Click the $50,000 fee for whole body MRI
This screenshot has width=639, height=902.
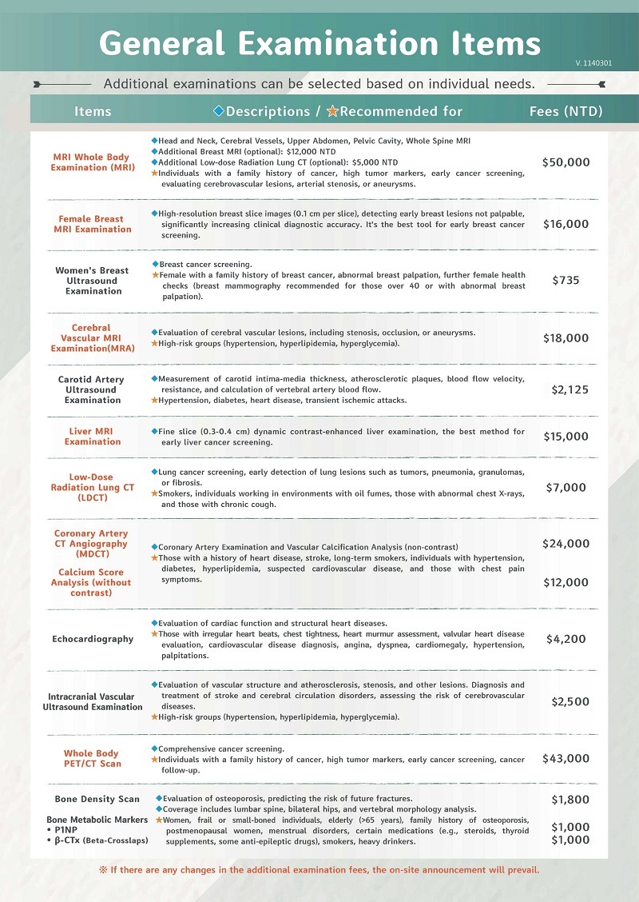point(566,162)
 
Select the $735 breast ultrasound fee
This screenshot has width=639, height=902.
point(566,281)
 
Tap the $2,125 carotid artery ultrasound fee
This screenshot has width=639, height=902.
point(570,389)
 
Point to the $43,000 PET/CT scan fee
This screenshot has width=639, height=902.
point(566,758)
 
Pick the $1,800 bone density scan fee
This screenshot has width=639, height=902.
point(570,800)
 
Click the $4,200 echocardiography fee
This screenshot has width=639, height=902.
point(566,639)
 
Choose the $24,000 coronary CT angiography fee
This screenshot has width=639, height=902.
point(566,544)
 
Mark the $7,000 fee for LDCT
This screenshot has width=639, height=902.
point(566,487)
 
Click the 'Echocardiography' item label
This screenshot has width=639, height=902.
point(93,639)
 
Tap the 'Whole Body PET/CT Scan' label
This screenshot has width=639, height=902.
point(93,758)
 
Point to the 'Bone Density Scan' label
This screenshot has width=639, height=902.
point(97,799)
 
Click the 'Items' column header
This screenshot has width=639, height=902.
point(93,111)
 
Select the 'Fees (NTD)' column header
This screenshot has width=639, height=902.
point(566,111)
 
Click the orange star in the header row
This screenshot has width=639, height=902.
point(332,111)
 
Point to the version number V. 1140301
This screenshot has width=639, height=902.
point(593,62)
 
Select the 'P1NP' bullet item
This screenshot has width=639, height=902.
point(65,830)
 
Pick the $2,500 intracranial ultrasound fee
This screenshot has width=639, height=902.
point(570,701)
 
